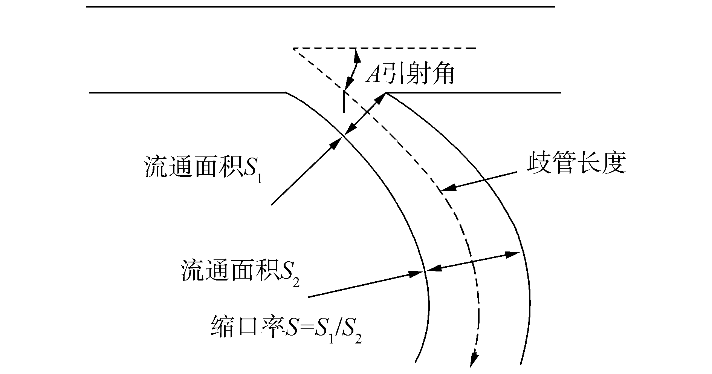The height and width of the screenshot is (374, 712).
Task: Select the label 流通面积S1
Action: [203, 167]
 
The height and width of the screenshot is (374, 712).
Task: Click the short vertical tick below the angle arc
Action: [344, 102]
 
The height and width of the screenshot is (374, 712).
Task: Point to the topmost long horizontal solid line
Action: [320, 7]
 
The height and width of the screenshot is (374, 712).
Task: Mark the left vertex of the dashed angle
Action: [293, 49]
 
